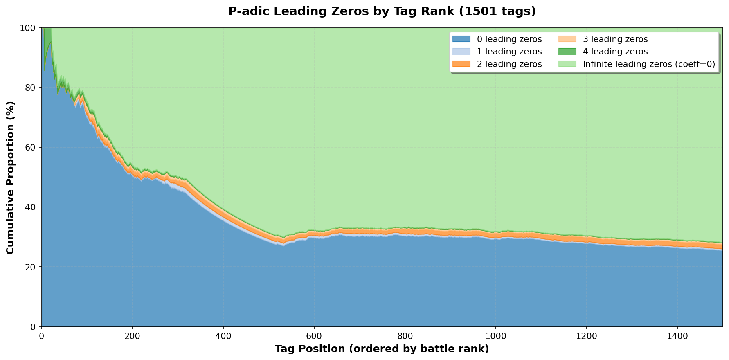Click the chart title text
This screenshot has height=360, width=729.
pyautogui.click(x=382, y=11)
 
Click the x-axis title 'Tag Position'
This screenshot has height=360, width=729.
pyautogui.click(x=382, y=349)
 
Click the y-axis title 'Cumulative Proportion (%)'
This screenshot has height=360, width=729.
pyautogui.click(x=10, y=177)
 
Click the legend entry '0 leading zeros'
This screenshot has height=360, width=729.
pyautogui.click(x=509, y=39)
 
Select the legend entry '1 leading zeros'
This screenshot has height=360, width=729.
pyautogui.click(x=509, y=52)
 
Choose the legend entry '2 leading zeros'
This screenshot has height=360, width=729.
pyautogui.click(x=509, y=64)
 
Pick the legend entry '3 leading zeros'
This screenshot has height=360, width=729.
pyautogui.click(x=615, y=39)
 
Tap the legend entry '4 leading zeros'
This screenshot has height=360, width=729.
pyautogui.click(x=615, y=52)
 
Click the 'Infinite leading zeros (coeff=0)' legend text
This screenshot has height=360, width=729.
pyautogui.click(x=649, y=64)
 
